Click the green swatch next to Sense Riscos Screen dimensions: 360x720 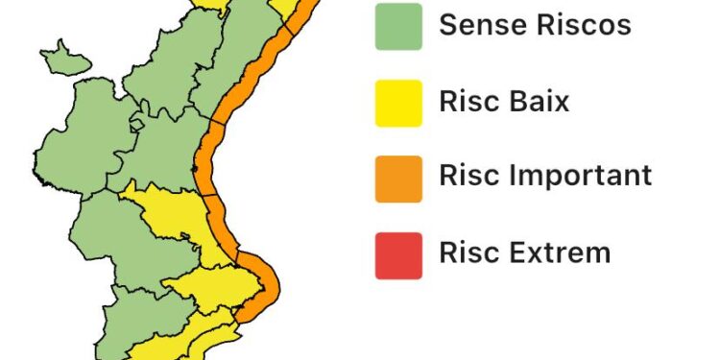398,26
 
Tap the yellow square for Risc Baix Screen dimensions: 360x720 398,102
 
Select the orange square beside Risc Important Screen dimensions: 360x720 398,179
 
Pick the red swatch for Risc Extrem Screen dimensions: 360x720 398,255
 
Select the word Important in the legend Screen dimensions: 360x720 580,177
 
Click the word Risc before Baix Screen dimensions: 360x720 468,101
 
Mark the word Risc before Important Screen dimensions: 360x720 468,177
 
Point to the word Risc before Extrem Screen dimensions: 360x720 468,252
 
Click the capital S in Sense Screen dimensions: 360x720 448,25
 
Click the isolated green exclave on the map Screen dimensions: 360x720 63,59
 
